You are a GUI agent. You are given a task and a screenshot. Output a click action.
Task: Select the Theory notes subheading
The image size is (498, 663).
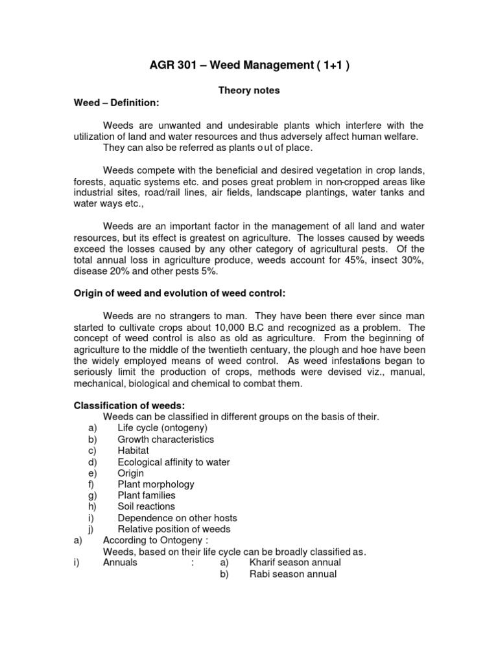click(x=248, y=91)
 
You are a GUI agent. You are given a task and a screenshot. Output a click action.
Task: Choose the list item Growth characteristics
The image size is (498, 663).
click(x=165, y=440)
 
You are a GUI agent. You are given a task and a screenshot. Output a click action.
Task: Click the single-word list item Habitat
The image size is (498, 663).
click(x=133, y=451)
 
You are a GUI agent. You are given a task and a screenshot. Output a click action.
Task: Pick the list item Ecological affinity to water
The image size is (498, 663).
click(x=174, y=462)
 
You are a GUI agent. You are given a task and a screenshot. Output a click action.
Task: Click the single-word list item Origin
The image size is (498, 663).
click(x=131, y=473)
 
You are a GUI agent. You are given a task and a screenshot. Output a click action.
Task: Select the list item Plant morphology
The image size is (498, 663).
click(x=156, y=484)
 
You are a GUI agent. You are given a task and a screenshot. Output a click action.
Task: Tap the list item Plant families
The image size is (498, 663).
click(x=147, y=495)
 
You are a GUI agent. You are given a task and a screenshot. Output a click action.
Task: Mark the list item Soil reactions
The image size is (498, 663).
click(x=146, y=506)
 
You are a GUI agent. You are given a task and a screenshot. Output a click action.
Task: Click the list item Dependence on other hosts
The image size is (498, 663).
click(x=177, y=518)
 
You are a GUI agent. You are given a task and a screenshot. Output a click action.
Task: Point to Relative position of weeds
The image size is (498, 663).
click(x=174, y=529)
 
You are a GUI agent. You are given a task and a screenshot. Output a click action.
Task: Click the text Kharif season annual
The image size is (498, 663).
click(x=295, y=563)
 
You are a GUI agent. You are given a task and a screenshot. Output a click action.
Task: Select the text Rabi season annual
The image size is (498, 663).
click(x=293, y=574)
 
